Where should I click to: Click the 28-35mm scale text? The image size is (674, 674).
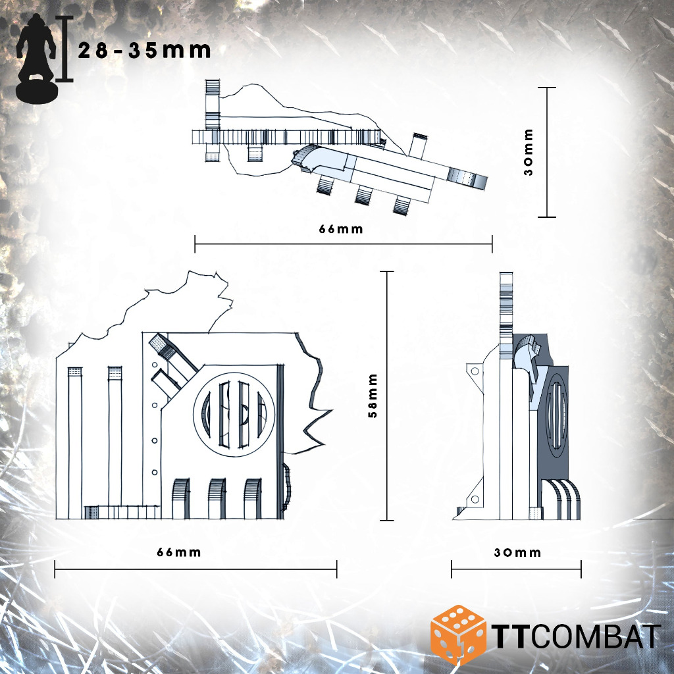144,51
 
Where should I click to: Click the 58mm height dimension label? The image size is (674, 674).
373,396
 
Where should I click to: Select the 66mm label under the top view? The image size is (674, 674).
341,229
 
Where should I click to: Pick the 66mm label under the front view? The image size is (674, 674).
179,552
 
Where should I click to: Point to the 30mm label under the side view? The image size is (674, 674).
517,552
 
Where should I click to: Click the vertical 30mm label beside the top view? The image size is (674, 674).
529,152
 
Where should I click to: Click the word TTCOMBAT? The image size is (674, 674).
576,636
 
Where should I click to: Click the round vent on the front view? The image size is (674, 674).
234,415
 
